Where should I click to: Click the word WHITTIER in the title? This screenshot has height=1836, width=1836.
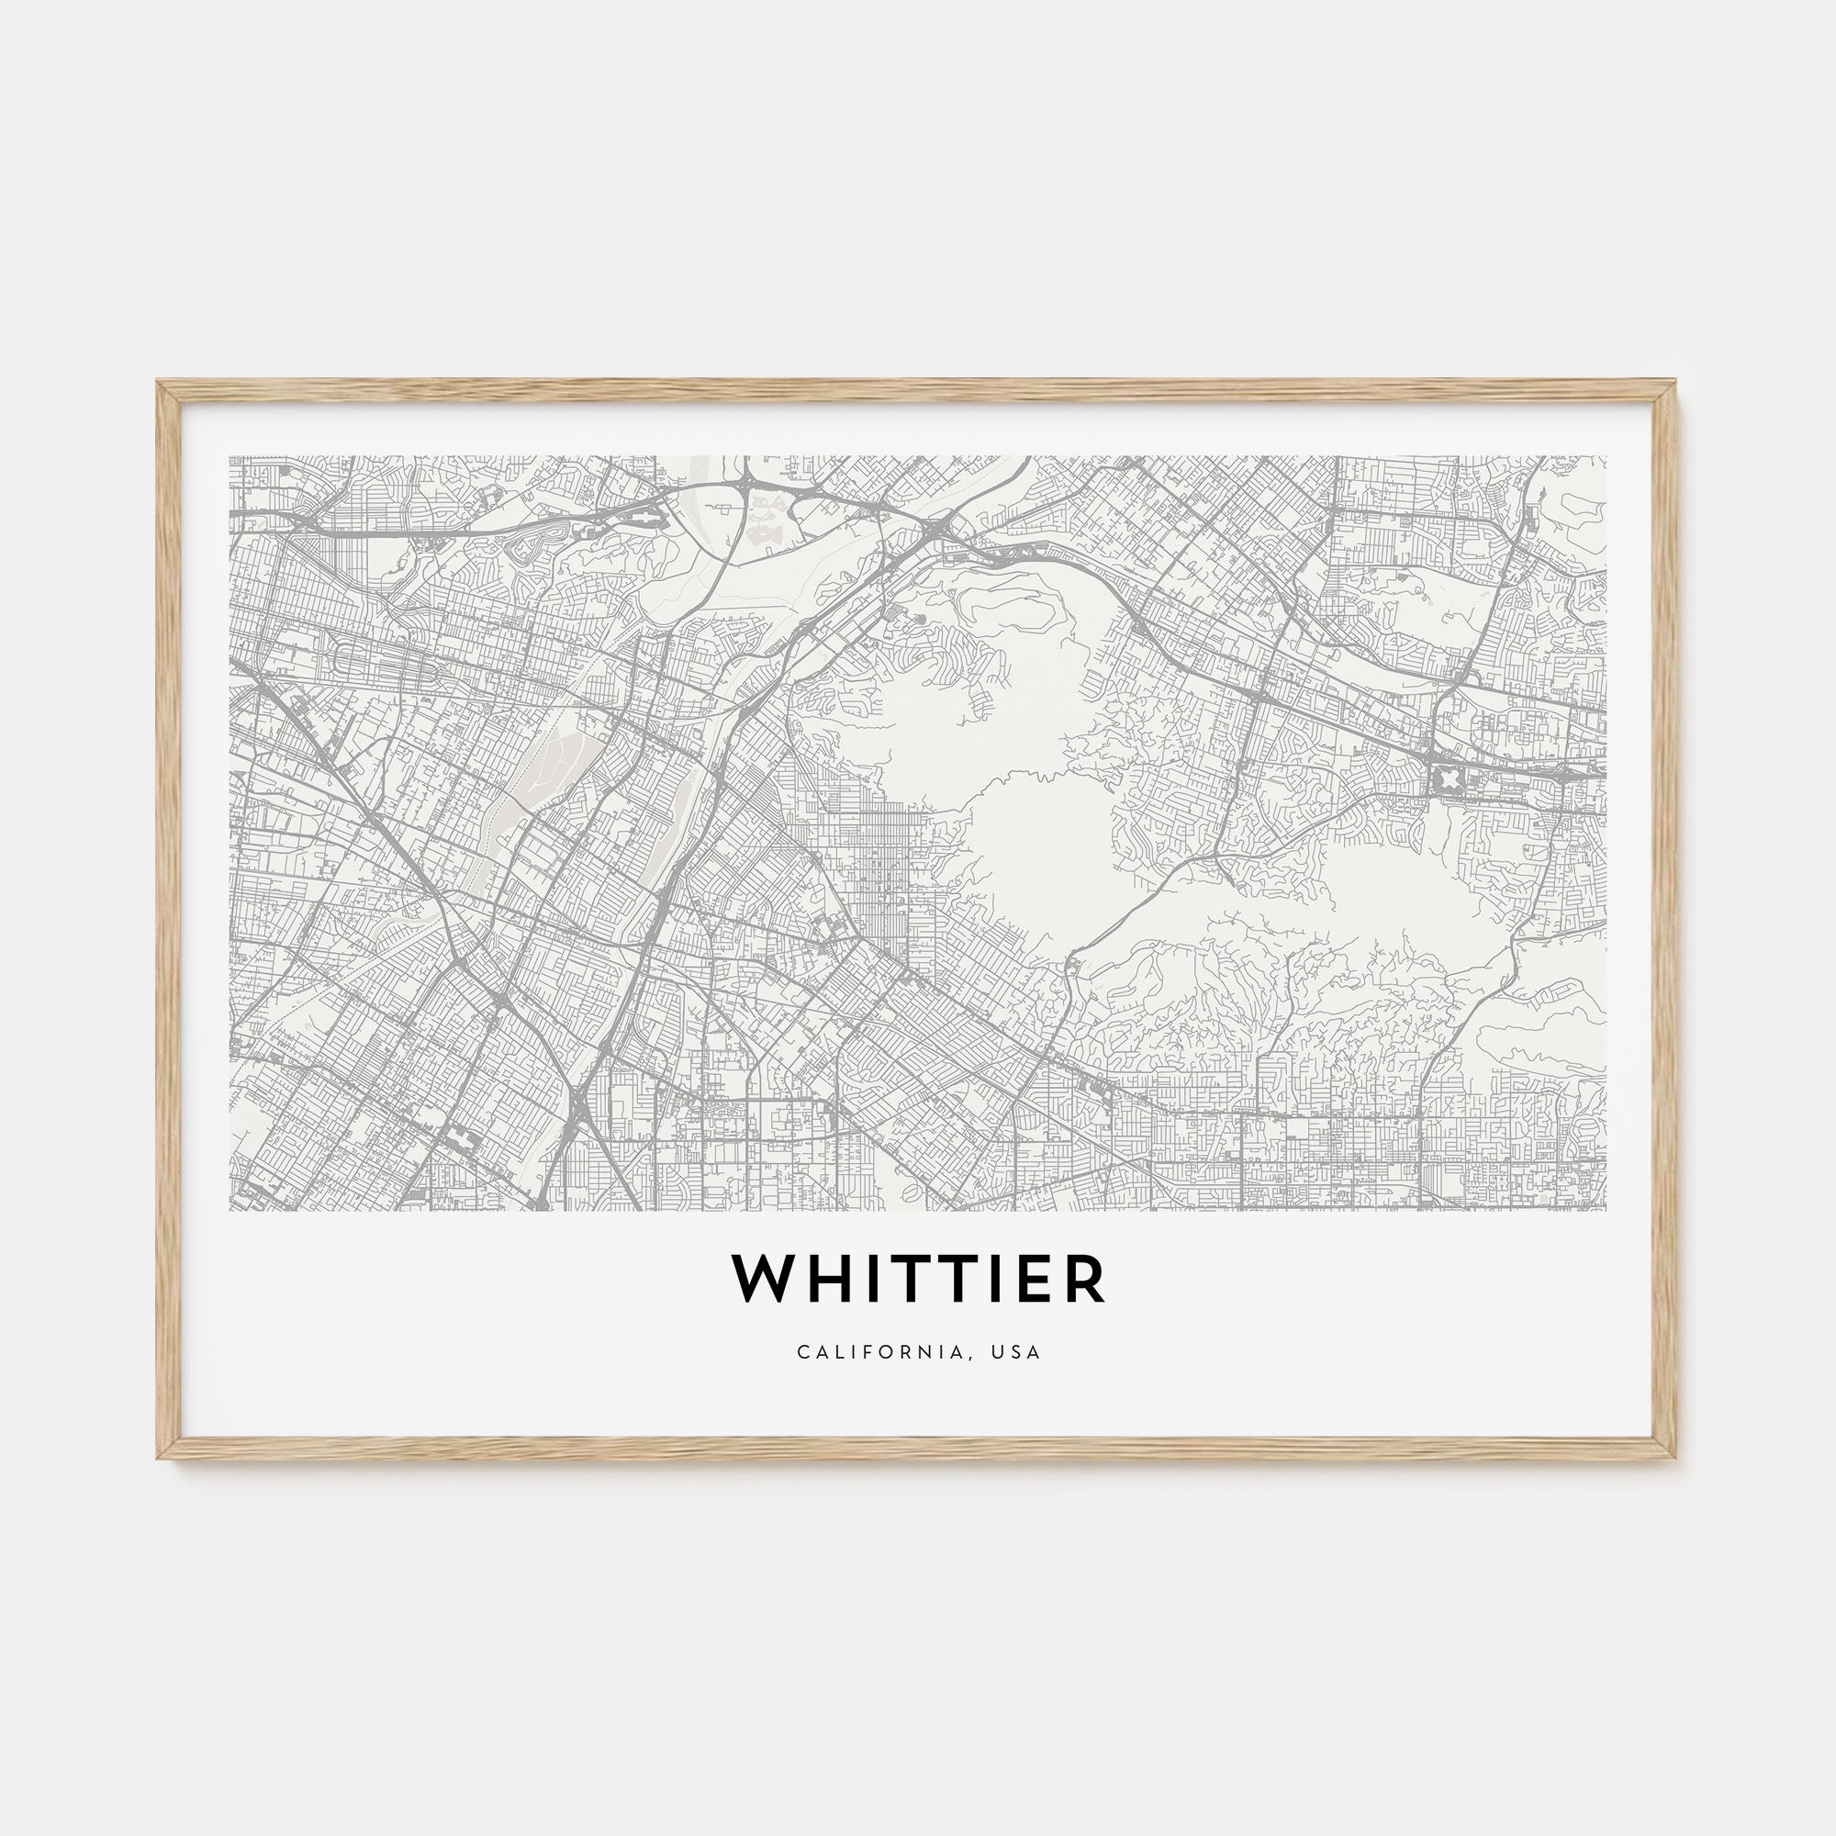[918, 1280]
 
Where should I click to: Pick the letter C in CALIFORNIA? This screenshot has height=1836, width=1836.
[803, 1351]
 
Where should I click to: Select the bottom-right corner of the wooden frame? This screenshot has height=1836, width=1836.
[1677, 1457]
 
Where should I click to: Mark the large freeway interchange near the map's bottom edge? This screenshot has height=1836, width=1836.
[581, 1103]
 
